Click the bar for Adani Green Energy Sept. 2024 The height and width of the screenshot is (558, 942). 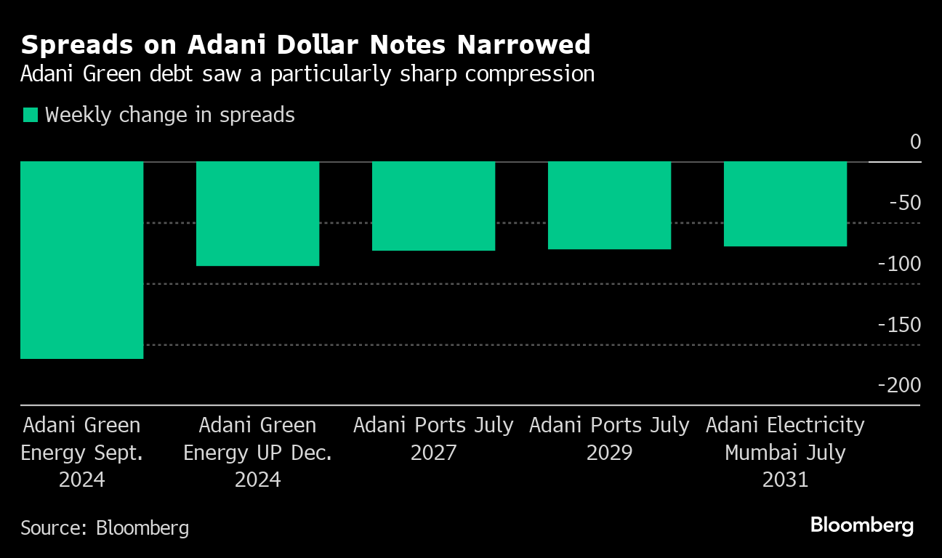81,260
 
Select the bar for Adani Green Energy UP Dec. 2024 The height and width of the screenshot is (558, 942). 258,214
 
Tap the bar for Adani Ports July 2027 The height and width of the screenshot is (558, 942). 433,206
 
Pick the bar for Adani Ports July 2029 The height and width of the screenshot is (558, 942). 609,206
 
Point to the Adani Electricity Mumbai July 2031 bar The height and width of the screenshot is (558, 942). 785,204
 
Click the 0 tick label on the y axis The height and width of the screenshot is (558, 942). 914,142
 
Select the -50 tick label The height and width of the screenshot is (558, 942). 905,203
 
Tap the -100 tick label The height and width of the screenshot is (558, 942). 900,264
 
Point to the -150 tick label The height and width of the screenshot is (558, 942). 900,325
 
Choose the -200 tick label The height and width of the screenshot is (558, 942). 900,385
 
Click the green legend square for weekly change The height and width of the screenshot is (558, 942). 30,115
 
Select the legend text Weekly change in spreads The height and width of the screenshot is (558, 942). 170,115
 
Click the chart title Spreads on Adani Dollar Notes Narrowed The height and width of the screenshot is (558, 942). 305,45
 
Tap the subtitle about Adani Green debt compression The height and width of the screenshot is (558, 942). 307,74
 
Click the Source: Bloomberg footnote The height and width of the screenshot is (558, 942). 105,527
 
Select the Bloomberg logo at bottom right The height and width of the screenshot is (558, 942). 862,525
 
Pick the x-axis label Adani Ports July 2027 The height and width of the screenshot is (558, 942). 433,438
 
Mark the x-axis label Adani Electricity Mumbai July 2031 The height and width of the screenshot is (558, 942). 785,452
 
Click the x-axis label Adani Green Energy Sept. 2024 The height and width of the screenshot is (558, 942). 81,452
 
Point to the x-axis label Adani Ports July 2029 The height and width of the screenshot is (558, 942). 609,438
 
